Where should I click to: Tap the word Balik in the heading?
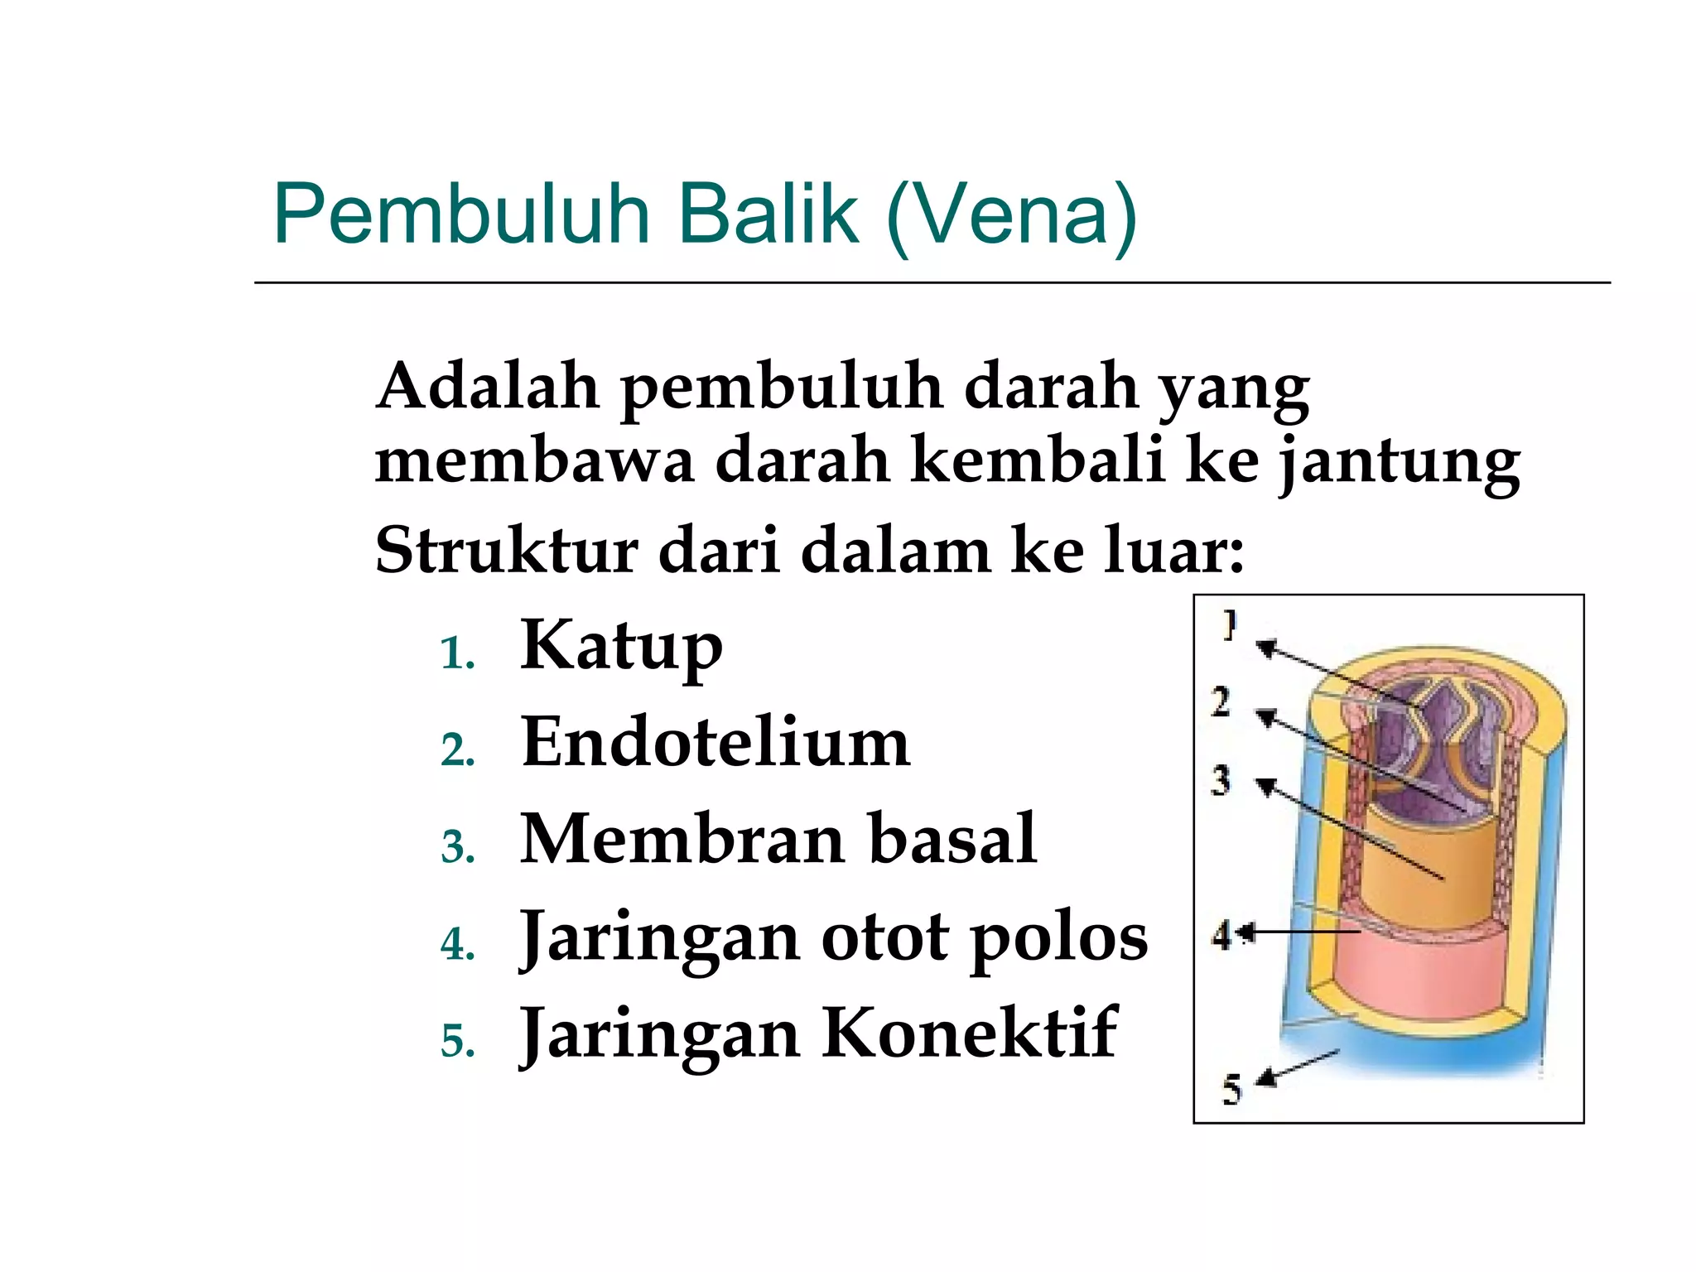768,214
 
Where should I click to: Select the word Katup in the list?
621,647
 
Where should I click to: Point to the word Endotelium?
715,743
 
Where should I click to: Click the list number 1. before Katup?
457,654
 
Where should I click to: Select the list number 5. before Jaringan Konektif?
457,1041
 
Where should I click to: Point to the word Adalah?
488,387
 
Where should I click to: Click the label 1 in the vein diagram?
1231,625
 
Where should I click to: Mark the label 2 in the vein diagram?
1221,702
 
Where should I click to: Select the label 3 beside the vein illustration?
1221,781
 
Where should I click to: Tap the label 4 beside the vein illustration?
1222,936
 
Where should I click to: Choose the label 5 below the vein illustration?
1232,1090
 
